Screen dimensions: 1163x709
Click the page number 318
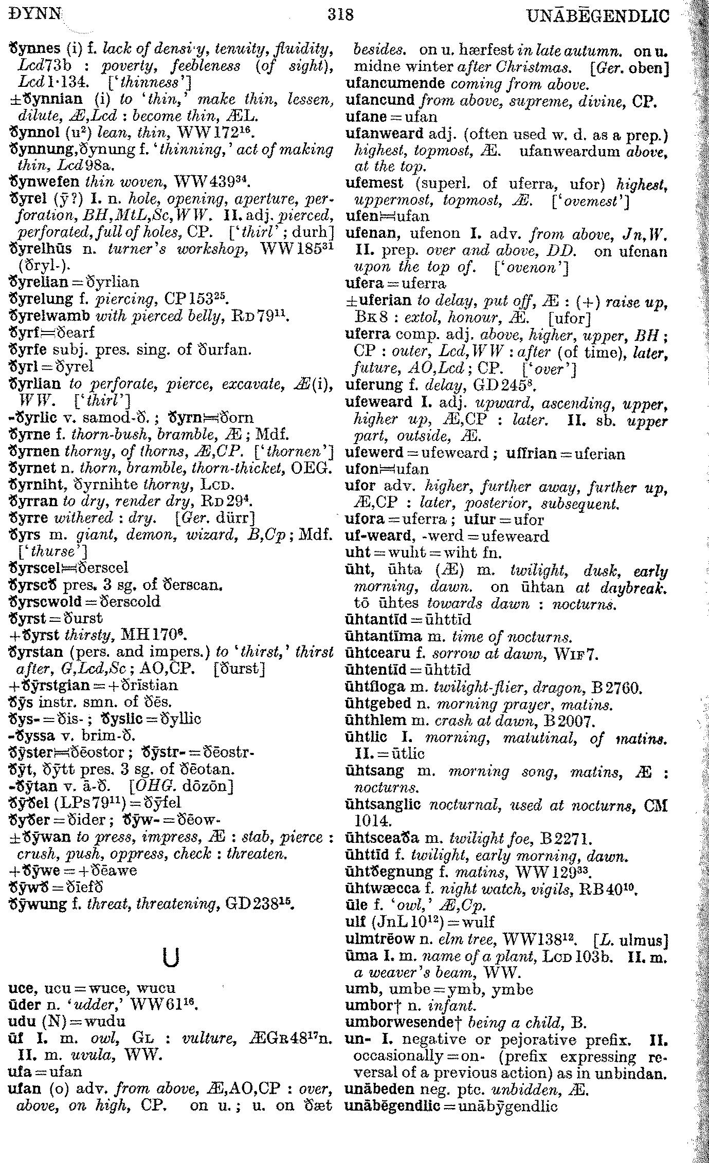340,15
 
